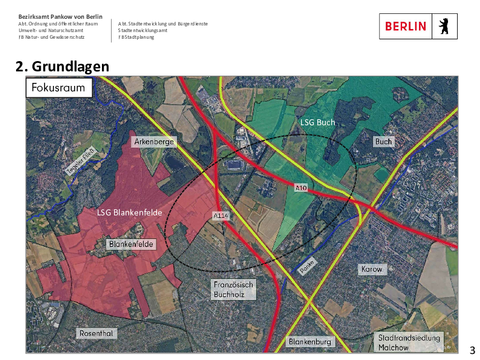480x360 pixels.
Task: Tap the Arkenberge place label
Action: click(154, 143)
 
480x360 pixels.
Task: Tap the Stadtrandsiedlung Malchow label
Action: click(410, 341)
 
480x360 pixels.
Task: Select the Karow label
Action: click(371, 270)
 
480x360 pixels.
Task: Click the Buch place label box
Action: click(383, 142)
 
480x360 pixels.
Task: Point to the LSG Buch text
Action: click(317, 122)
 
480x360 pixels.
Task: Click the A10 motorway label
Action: click(301, 187)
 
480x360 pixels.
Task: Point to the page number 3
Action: click(472, 350)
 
